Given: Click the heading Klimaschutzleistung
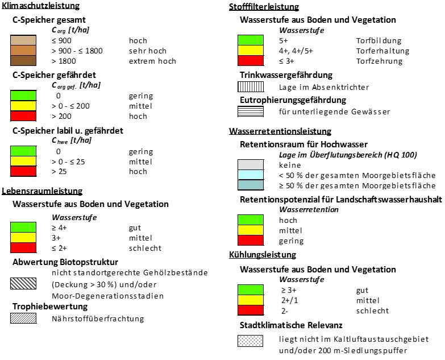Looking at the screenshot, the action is (x=40, y=6).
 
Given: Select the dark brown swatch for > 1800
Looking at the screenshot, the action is (x=23, y=60).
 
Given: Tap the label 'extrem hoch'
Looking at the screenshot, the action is (x=152, y=61).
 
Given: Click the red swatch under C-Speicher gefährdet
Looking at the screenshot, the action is (x=23, y=116).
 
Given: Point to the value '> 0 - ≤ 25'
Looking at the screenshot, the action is (x=68, y=162).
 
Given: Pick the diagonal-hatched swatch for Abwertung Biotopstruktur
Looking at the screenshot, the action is (x=23, y=283).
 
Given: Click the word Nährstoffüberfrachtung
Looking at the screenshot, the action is (x=98, y=318).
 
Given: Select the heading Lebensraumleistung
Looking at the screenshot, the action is (x=42, y=191).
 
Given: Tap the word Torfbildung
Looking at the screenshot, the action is (x=379, y=40).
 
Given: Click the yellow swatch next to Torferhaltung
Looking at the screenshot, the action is (x=251, y=50).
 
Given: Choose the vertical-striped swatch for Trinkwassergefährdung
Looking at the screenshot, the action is (x=251, y=86).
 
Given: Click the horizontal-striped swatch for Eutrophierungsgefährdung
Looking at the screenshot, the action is (x=251, y=111).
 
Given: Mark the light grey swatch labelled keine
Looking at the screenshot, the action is (x=251, y=165).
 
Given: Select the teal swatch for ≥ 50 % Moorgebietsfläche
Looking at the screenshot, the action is (x=251, y=185).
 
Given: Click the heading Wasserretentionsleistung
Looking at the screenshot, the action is (x=280, y=131).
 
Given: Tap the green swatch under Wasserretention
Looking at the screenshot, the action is (x=251, y=220).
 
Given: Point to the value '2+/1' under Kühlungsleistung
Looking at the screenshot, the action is (x=289, y=300).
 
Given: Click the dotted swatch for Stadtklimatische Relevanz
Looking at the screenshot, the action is (x=250, y=341).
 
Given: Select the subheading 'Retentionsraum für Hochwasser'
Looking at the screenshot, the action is (x=303, y=144).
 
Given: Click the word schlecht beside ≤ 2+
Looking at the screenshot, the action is (x=145, y=248).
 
